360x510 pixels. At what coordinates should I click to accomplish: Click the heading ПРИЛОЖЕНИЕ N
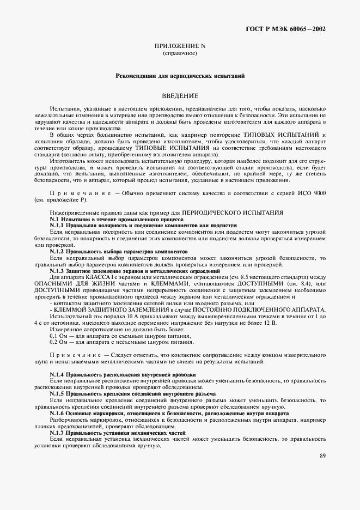pos(179,46)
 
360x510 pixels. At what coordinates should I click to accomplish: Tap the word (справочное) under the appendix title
pos(179,53)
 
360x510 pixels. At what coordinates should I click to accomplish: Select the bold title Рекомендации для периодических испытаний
pos(180,77)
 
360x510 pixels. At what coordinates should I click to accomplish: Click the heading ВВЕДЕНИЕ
pos(179,95)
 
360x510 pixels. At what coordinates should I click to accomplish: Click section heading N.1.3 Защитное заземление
pos(135,270)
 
